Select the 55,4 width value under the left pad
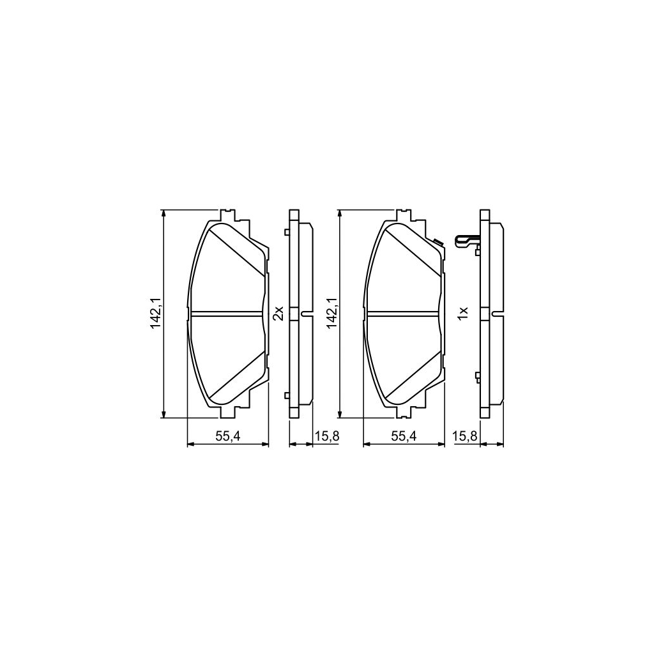pyautogui.click(x=227, y=436)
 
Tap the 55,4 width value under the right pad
pyautogui.click(x=403, y=436)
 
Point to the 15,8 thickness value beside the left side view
pyautogui.click(x=327, y=436)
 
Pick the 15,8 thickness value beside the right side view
pyautogui.click(x=464, y=436)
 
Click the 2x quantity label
pyautogui.click(x=277, y=314)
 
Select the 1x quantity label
pyautogui.click(x=464, y=314)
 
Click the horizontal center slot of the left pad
pyautogui.click(x=227, y=313)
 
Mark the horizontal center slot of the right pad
pyautogui.click(x=403, y=313)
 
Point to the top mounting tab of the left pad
pyautogui.click(x=227, y=215)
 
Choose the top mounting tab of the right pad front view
pyautogui.click(x=404, y=215)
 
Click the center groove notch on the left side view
pyautogui.click(x=306, y=313)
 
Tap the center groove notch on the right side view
pyautogui.click(x=496, y=313)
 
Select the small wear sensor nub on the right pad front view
pyautogui.click(x=437, y=241)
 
